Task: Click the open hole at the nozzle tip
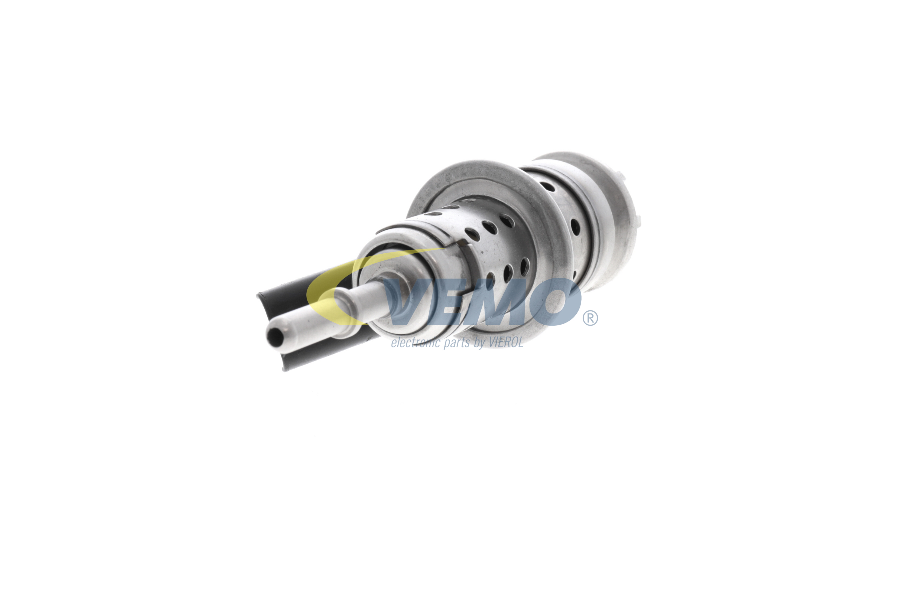click(x=275, y=336)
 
